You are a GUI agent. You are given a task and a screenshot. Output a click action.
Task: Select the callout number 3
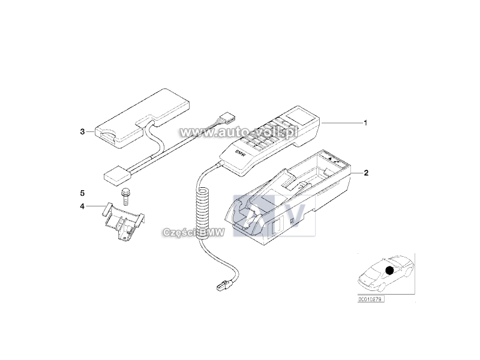tap(82, 130)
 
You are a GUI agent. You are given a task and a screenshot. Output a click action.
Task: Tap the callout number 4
tap(82, 206)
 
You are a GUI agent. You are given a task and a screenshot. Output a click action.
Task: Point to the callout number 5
tap(82, 193)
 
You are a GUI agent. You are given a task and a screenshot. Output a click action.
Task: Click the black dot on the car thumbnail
tap(389, 271)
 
